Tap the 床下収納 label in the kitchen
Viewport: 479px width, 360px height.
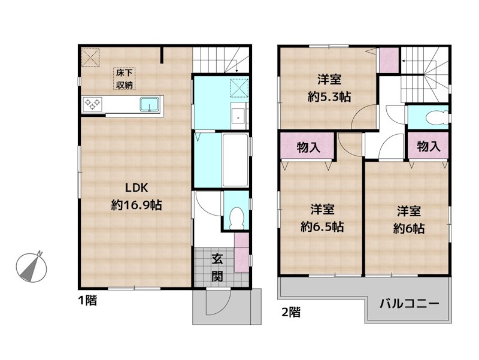(x=125, y=78)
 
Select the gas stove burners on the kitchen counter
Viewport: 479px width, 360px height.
(x=93, y=104)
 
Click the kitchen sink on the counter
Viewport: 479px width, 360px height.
(x=149, y=104)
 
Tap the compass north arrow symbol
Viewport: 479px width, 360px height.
(x=31, y=265)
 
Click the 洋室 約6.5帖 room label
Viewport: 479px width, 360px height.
(x=322, y=218)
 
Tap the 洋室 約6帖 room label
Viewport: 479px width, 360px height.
(x=410, y=219)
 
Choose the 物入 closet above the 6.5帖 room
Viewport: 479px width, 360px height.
(x=308, y=147)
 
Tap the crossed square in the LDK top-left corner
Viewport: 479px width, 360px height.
(x=91, y=58)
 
